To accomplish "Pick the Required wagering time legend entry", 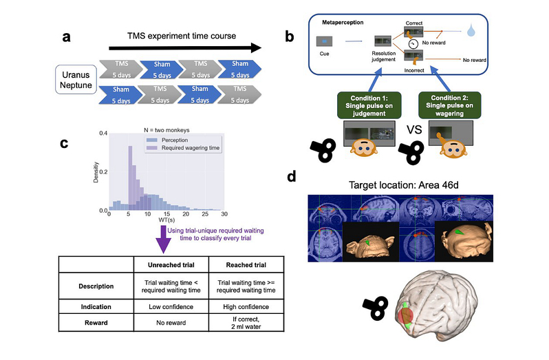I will click(180, 149).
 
